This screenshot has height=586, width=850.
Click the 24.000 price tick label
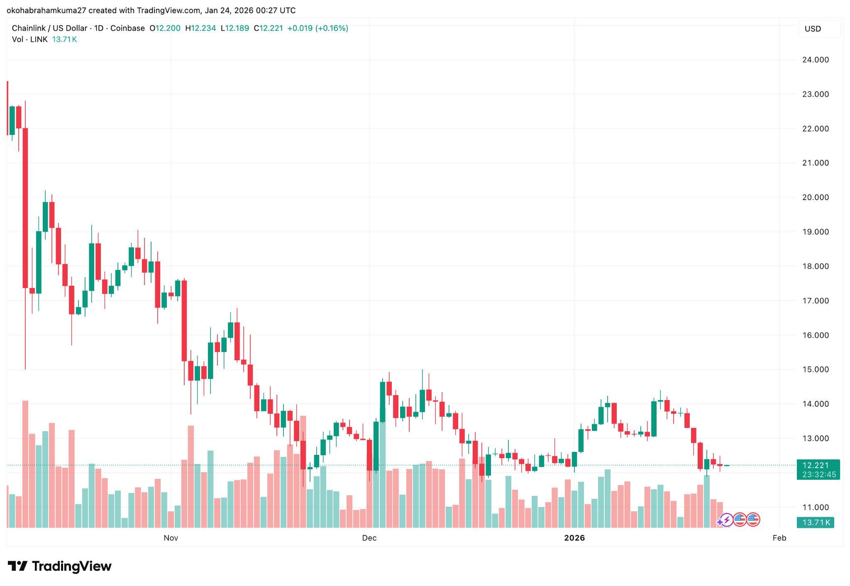[x=815, y=60]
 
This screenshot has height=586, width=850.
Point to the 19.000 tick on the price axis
[x=815, y=232]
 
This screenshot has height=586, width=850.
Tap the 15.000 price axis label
[x=815, y=369]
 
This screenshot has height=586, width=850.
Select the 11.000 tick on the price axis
[x=815, y=507]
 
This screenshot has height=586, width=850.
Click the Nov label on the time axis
[x=171, y=538]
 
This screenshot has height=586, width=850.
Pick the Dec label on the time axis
[x=369, y=538]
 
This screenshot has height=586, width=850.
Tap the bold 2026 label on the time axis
[x=574, y=538]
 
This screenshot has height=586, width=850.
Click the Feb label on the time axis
[x=779, y=538]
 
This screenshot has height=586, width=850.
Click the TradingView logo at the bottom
[x=60, y=566]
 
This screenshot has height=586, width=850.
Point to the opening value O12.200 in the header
[x=165, y=28]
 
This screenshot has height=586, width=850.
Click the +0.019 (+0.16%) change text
[x=318, y=28]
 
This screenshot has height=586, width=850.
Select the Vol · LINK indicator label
[x=29, y=39]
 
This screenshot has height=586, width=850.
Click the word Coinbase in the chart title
[x=127, y=28]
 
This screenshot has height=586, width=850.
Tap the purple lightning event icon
[x=726, y=519]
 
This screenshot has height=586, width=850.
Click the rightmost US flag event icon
[x=753, y=519]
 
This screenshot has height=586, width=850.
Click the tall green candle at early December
[x=383, y=402]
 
